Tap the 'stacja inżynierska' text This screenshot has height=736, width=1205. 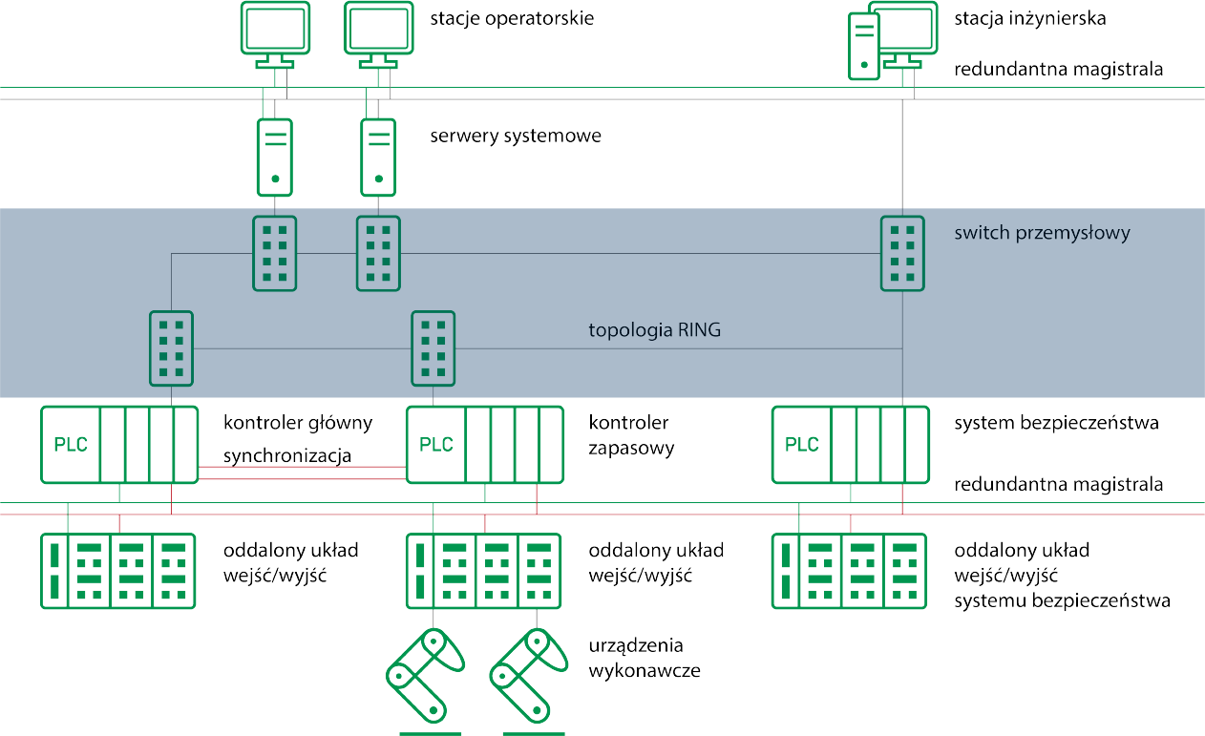tap(1030, 19)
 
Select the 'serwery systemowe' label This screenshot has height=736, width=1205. tap(516, 137)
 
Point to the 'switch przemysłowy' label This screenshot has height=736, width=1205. tap(1042, 233)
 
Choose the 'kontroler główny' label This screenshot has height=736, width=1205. tap(298, 423)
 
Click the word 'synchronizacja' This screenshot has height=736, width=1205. tap(287, 456)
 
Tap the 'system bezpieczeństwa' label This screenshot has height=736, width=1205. tap(1056, 423)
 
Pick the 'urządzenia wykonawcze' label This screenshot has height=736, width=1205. tap(645, 659)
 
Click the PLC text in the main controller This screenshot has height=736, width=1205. tap(72, 445)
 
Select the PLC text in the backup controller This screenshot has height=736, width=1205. tap(437, 445)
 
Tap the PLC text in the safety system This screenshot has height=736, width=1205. tap(802, 445)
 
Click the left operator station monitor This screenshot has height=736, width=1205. tap(275, 31)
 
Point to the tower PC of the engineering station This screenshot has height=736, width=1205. tap(864, 45)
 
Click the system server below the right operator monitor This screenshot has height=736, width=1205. tap(378, 157)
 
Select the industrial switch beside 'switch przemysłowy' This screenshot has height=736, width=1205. tap(901, 253)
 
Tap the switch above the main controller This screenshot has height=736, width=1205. tap(171, 348)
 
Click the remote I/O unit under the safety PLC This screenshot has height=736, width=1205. tap(849, 571)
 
